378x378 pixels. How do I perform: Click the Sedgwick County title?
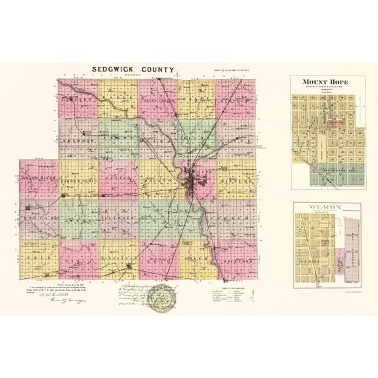tap(133, 68)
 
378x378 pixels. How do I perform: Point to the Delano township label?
tap(157, 178)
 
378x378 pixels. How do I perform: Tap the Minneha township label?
tap(238, 178)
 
